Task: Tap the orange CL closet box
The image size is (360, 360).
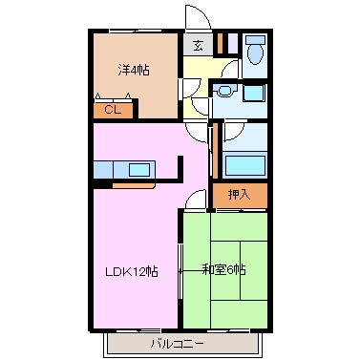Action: [111, 110]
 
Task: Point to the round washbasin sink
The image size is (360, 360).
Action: [222, 92]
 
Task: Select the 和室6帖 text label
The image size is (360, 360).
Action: [224, 270]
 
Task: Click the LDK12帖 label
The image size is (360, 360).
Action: [131, 271]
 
